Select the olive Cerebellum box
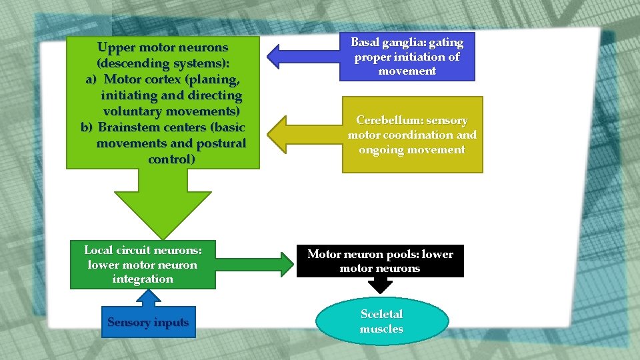(x=412, y=135)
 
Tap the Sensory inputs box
(x=148, y=323)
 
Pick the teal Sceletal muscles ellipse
(x=381, y=321)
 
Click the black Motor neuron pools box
(x=380, y=261)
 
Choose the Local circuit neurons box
(x=143, y=265)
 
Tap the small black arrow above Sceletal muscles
(x=381, y=285)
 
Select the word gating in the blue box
(x=445, y=43)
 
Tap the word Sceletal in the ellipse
(x=381, y=314)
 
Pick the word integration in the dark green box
(x=143, y=279)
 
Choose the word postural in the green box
(x=221, y=143)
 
